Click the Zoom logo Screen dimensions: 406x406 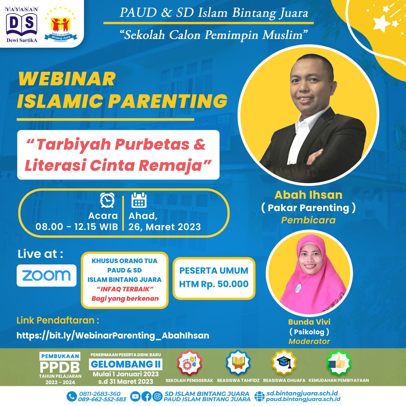pyautogui.click(x=46, y=275)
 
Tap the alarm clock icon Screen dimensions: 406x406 pyautogui.click(x=107, y=200)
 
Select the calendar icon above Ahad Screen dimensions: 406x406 pyautogui.click(x=139, y=200)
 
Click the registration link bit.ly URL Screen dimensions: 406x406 pyautogui.click(x=113, y=335)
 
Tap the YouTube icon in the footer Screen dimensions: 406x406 pyautogui.click(x=135, y=396)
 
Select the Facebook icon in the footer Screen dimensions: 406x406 pyautogui.click(x=146, y=396)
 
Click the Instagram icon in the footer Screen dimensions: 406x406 pyautogui.click(x=157, y=396)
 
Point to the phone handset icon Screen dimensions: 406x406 pyautogui.click(x=72, y=396)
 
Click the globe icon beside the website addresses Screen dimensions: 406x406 pyautogui.click(x=259, y=396)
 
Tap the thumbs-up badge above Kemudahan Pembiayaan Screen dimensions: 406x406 pyautogui.click(x=339, y=363)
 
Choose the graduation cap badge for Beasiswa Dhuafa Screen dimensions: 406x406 pyautogui.click(x=284, y=362)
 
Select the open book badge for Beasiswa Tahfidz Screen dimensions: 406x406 pyautogui.click(x=238, y=362)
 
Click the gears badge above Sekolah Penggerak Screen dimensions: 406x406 pyautogui.click(x=190, y=363)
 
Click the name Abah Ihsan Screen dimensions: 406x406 pyautogui.click(x=309, y=195)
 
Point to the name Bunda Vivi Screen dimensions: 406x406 pyautogui.click(x=309, y=322)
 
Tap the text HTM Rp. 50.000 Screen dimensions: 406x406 pyautogui.click(x=214, y=284)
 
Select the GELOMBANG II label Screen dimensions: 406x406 pyautogui.click(x=126, y=364)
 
